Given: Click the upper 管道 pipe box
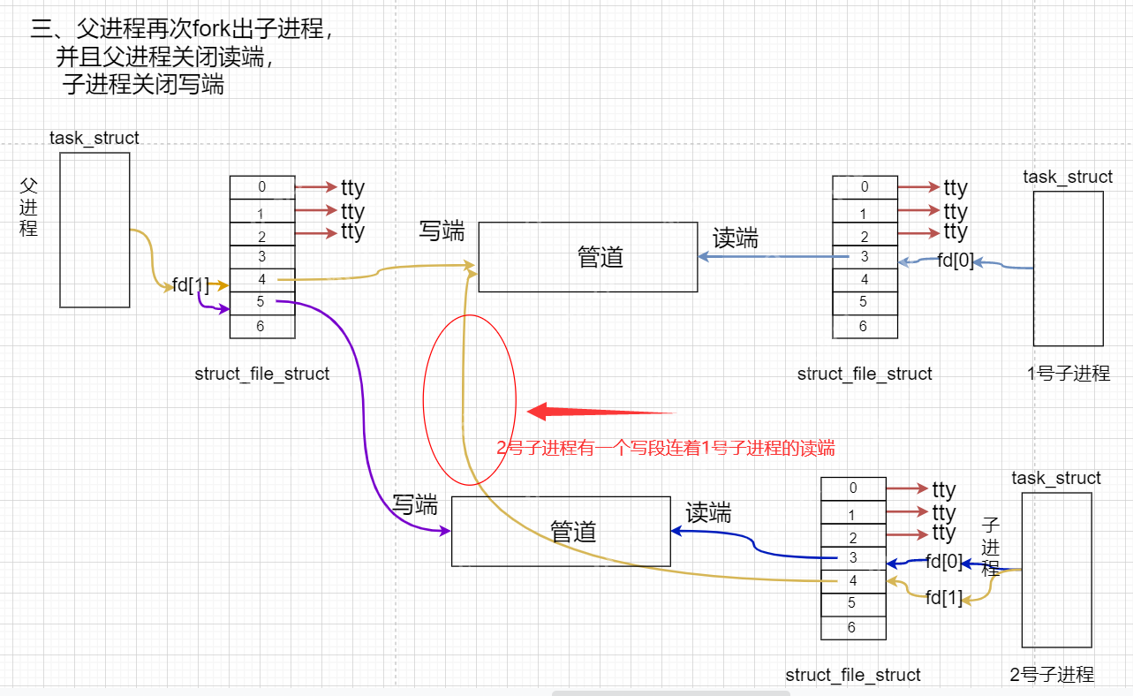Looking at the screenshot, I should (x=587, y=257).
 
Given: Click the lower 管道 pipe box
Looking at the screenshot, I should (x=561, y=531).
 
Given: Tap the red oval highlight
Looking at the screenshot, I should (x=469, y=399).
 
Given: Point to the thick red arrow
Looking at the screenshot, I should (x=600, y=412).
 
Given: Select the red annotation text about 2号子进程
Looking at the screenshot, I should (x=666, y=448).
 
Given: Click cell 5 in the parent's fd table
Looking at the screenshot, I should (x=262, y=303).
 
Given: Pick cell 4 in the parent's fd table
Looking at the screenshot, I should (x=262, y=280).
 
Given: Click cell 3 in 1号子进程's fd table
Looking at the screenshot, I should (x=865, y=257).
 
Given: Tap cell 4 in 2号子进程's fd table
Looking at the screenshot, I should (x=853, y=581).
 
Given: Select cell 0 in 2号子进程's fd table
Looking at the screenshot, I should (x=853, y=488).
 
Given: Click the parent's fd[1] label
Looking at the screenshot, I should (x=191, y=284).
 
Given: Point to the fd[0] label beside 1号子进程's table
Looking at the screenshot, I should (x=955, y=261).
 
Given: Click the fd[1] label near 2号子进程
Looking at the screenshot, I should (x=944, y=598).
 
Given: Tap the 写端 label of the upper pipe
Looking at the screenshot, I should (x=442, y=231).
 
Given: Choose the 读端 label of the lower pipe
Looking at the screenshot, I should (x=708, y=512).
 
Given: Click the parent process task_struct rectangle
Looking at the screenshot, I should (x=95, y=230).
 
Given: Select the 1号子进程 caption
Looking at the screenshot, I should (x=1069, y=374).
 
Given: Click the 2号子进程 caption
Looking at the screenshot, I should (x=1052, y=675).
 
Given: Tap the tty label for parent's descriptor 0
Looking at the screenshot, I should (x=352, y=187).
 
